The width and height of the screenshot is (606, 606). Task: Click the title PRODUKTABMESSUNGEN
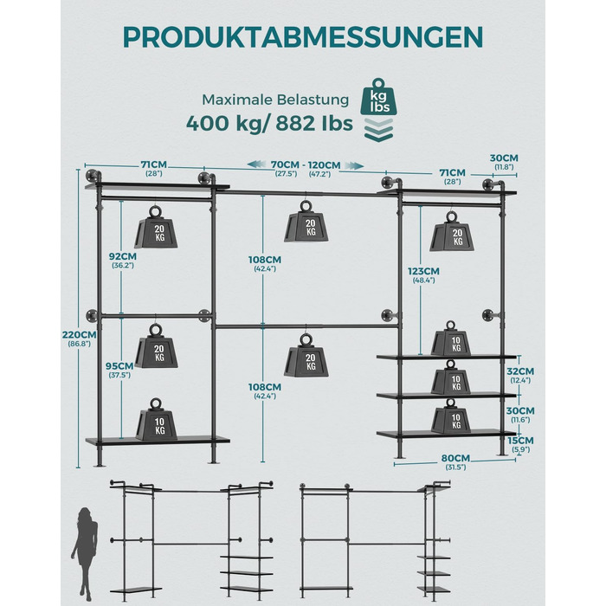coord(303,37)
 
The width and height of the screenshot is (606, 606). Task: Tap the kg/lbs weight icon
coord(378,97)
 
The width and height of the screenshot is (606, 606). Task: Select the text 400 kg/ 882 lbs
coord(269,123)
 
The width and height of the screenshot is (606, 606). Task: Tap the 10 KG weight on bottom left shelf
coord(156,419)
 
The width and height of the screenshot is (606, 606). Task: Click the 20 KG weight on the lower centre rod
coord(306,356)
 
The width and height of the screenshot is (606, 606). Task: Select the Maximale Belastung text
coord(275,100)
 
